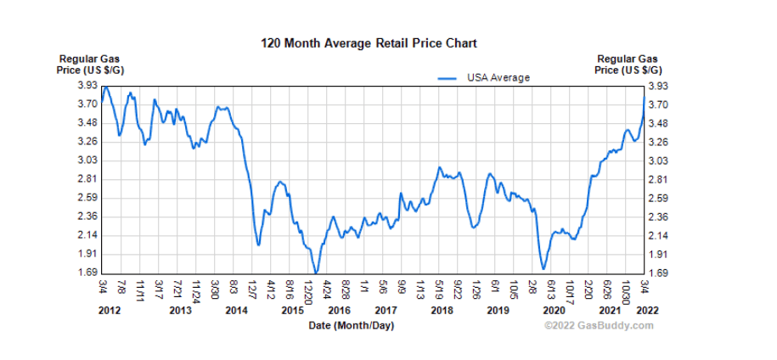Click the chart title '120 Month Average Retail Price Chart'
pos(369,42)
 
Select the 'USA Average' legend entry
pos(498,77)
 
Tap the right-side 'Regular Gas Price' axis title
pos(628,65)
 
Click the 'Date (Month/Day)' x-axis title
pos(351,325)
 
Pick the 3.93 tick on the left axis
pos(87,86)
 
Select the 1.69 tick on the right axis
pos(657,273)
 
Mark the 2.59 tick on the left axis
pos(87,198)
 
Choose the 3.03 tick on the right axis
pos(657,160)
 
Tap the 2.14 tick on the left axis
pos(87,235)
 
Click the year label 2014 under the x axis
pos(237,311)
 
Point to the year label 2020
pos(554,311)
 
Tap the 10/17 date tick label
pos(570,290)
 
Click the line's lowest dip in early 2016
pos(316,273)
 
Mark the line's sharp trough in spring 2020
pos(543,268)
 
